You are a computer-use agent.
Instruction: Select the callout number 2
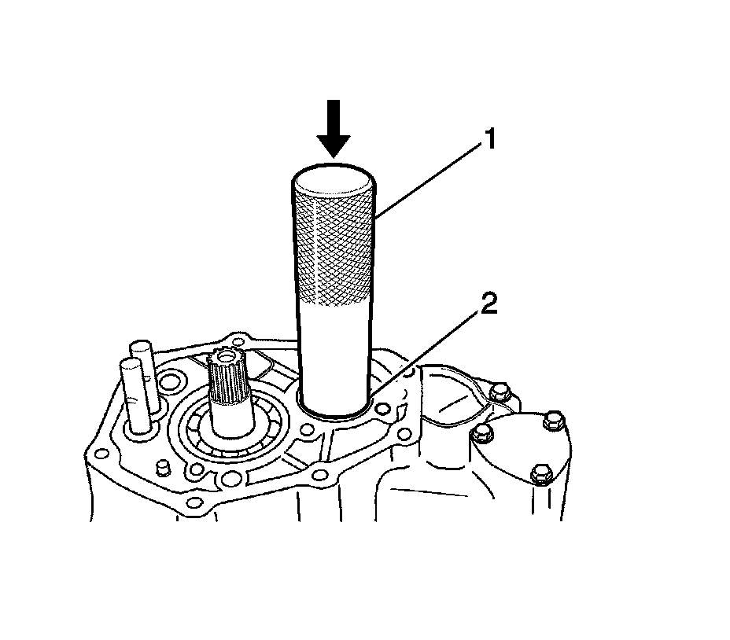pos(489,304)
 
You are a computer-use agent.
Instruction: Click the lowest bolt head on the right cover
pos(540,474)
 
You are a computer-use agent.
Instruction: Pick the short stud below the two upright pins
pos(163,469)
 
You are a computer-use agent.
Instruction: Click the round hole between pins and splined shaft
pos(168,383)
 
